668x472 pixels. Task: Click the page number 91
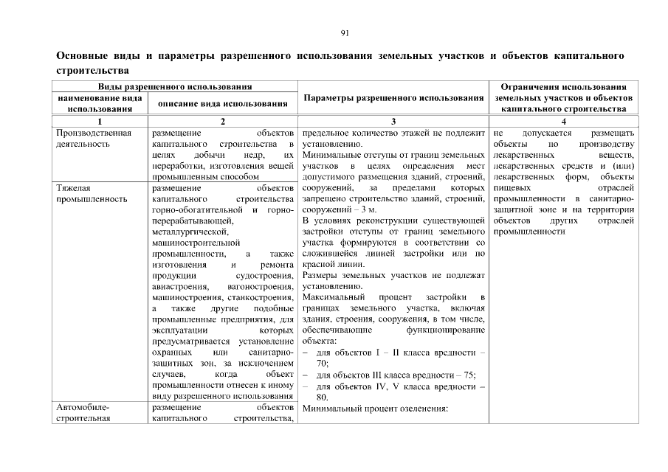tap(345, 33)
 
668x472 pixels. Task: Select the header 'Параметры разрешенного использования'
tap(393, 98)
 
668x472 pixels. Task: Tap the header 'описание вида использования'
tap(223, 103)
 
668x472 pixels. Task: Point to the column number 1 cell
tap(100, 121)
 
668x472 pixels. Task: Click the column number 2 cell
tap(223, 121)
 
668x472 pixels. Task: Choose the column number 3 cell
tap(393, 121)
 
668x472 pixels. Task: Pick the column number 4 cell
tap(564, 121)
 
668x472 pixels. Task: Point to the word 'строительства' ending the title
tap(93, 71)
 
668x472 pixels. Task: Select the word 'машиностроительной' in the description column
tap(196, 242)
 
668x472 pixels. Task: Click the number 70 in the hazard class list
tap(323, 364)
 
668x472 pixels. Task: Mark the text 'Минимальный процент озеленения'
tap(375, 408)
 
